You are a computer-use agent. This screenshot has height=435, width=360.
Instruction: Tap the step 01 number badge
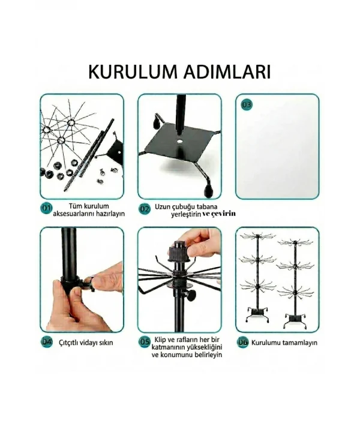click(x=46, y=209)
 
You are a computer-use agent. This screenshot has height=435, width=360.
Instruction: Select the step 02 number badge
click(x=145, y=209)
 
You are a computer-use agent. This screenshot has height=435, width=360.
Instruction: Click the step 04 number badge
click(x=46, y=343)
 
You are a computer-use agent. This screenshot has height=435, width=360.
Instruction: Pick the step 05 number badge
click(x=145, y=342)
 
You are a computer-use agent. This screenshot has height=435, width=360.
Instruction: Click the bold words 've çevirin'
click(x=220, y=214)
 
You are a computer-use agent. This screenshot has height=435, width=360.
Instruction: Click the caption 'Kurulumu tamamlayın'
click(x=284, y=343)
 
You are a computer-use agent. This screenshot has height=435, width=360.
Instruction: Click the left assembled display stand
click(x=256, y=279)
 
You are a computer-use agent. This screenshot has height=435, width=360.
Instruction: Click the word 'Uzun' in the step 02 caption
click(x=166, y=205)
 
